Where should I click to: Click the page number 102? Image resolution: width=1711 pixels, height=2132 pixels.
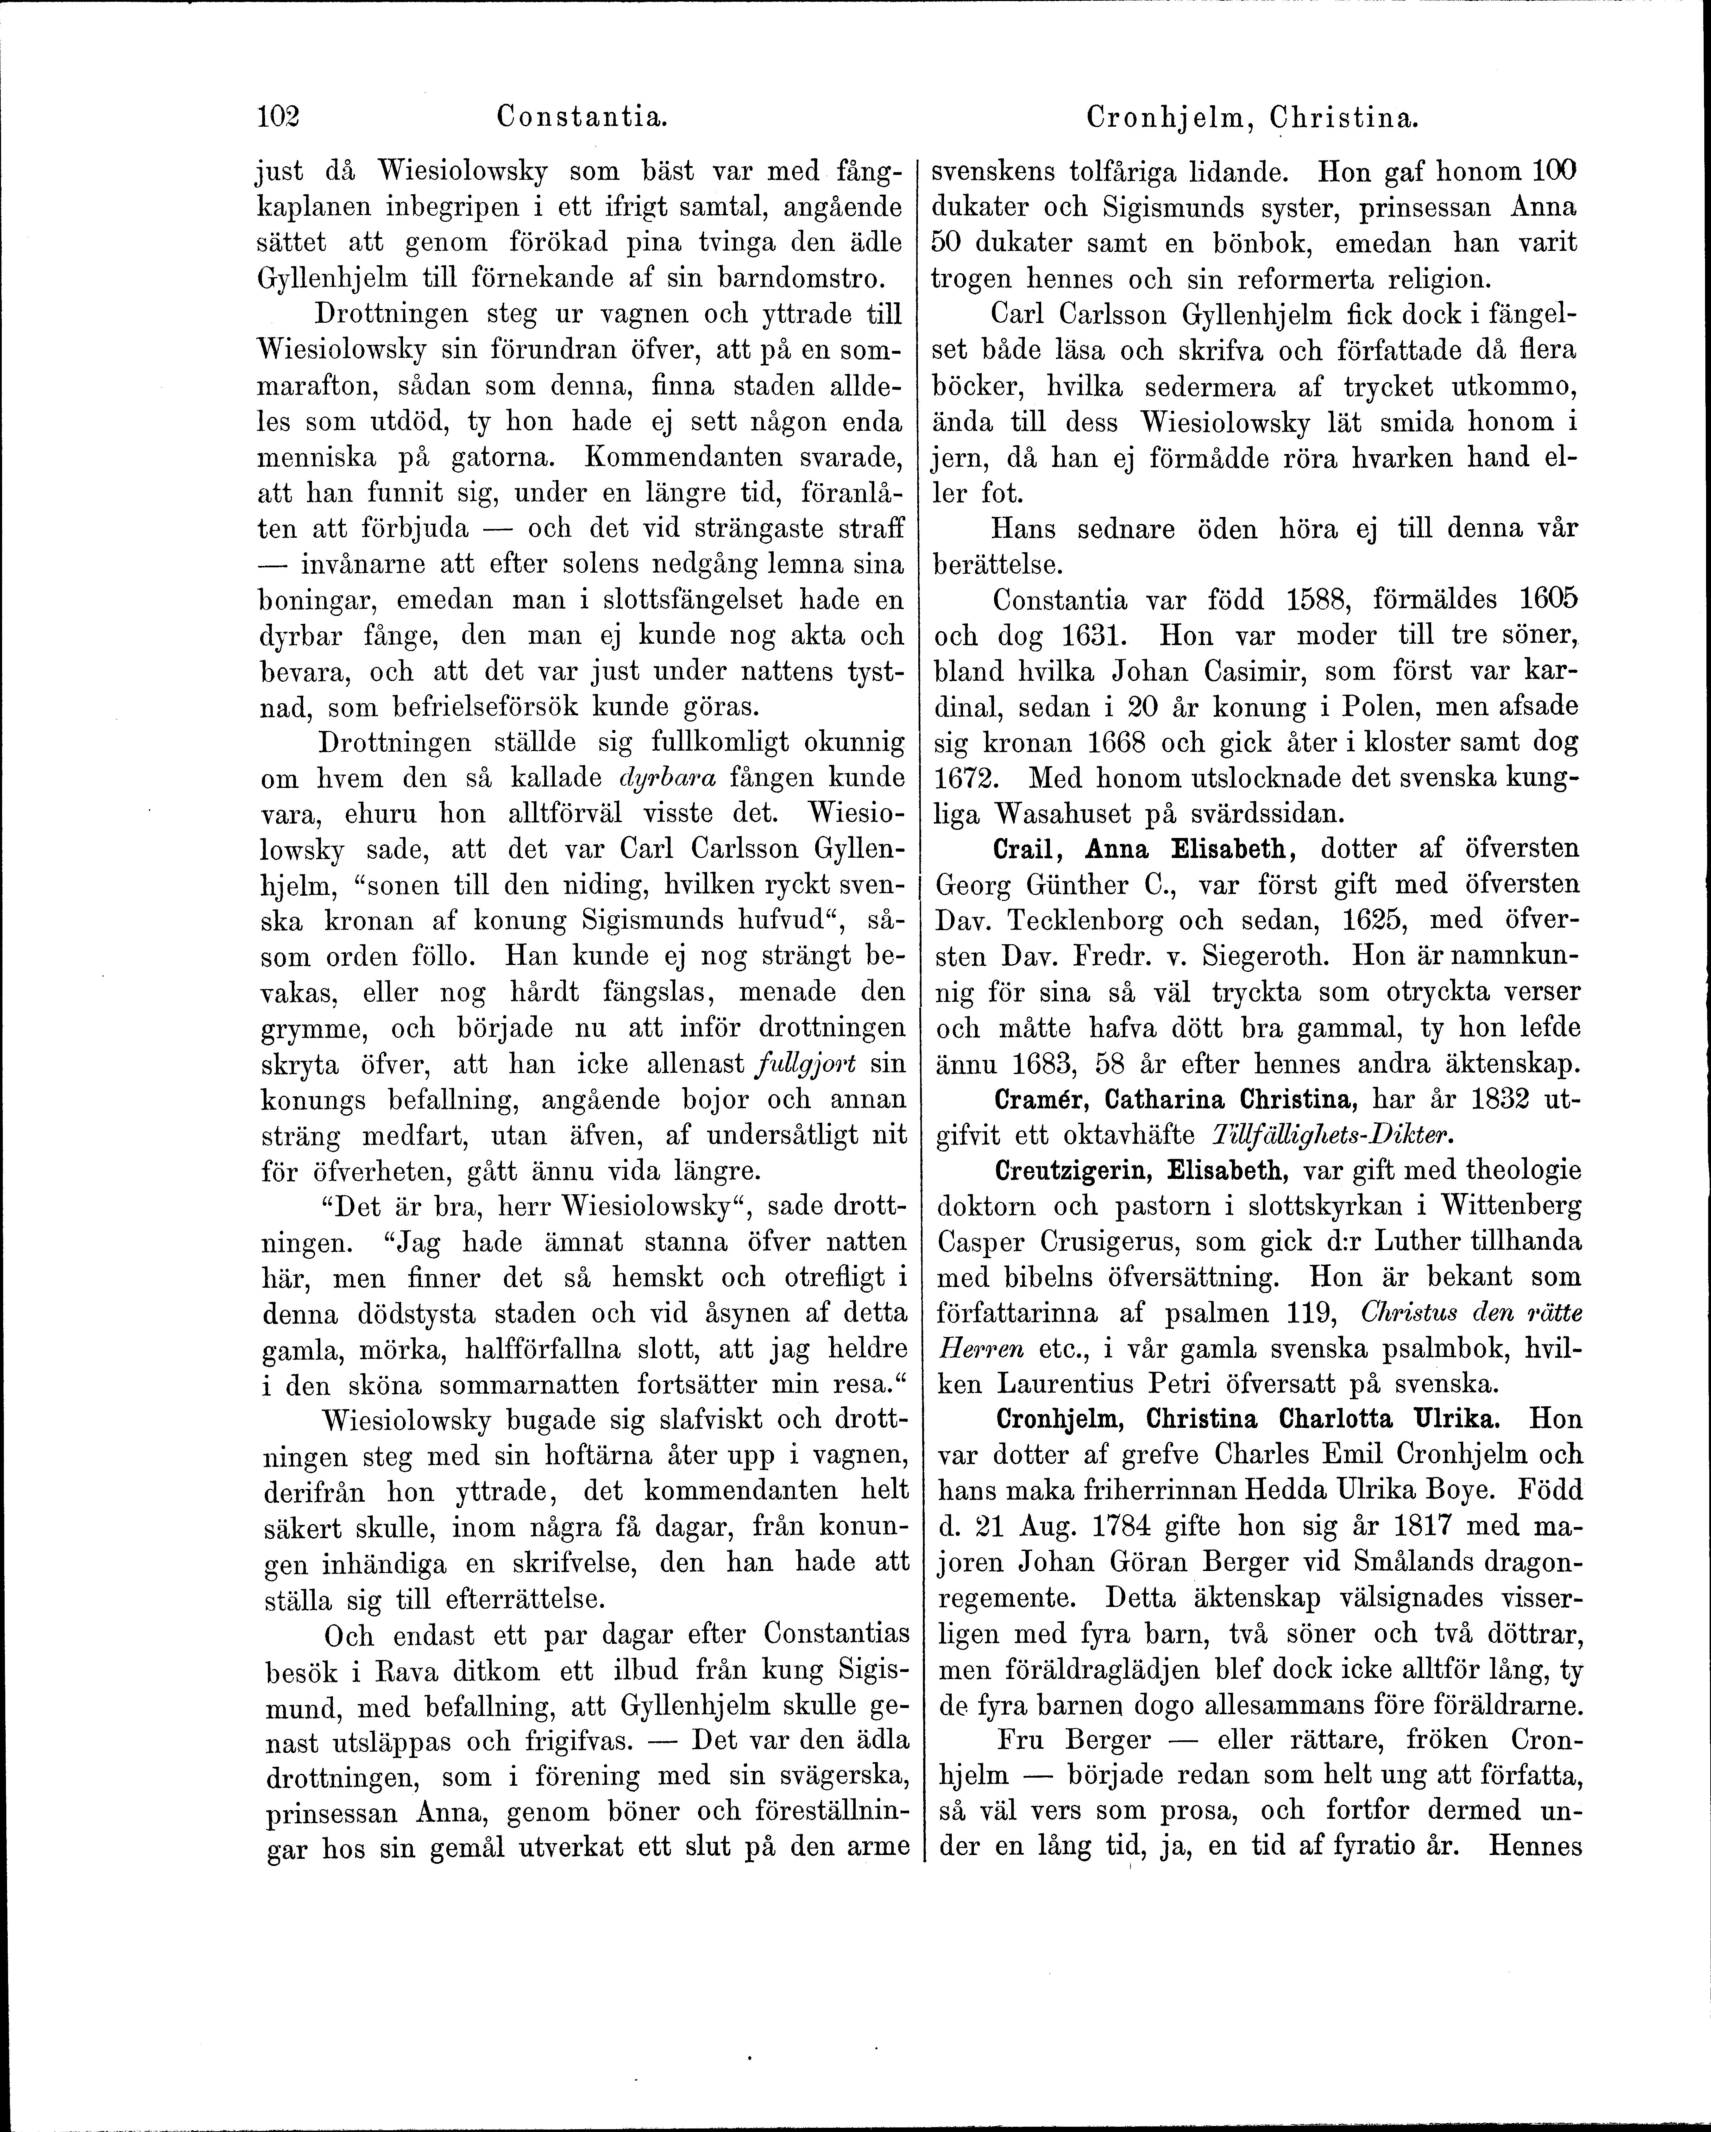point(278,118)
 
